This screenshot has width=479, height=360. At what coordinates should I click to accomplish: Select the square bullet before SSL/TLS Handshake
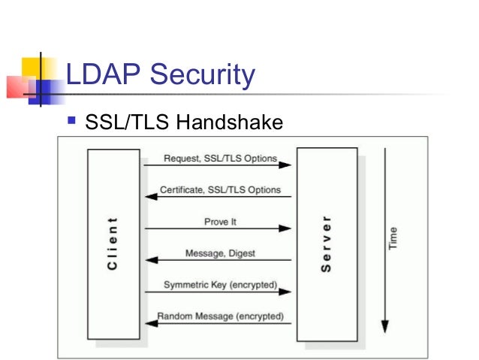pyautogui.click(x=72, y=119)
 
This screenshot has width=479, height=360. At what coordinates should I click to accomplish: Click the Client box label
pyautogui.click(x=113, y=244)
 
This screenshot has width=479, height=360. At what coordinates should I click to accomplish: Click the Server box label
pyautogui.click(x=327, y=244)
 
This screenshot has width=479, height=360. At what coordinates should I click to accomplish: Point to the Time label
pyautogui.click(x=393, y=239)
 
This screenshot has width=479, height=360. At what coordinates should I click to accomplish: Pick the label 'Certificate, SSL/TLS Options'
pyautogui.click(x=220, y=190)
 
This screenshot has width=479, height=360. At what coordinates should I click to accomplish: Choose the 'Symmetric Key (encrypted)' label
pyautogui.click(x=220, y=285)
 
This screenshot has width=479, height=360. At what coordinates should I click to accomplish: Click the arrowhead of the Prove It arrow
pyautogui.click(x=286, y=228)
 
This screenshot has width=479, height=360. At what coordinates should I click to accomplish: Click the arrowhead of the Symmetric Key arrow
pyautogui.click(x=286, y=292)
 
